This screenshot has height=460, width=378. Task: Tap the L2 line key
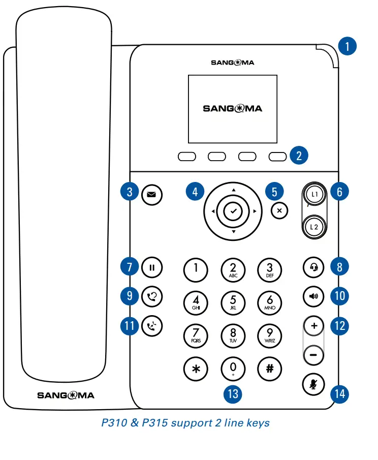[x=313, y=227]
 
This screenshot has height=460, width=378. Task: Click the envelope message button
[x=151, y=194]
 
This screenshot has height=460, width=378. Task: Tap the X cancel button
[x=279, y=210]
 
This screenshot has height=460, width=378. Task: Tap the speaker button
[x=313, y=296]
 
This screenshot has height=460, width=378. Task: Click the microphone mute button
[x=313, y=384]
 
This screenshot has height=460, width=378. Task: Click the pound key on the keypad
[x=270, y=369]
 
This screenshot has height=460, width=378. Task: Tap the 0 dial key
[x=233, y=369]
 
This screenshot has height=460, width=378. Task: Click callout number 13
[x=233, y=393]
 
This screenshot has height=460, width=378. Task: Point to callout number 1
[x=348, y=47]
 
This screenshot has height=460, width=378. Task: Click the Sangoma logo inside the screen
[x=233, y=108]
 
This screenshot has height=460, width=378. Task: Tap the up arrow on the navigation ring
[x=233, y=190]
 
